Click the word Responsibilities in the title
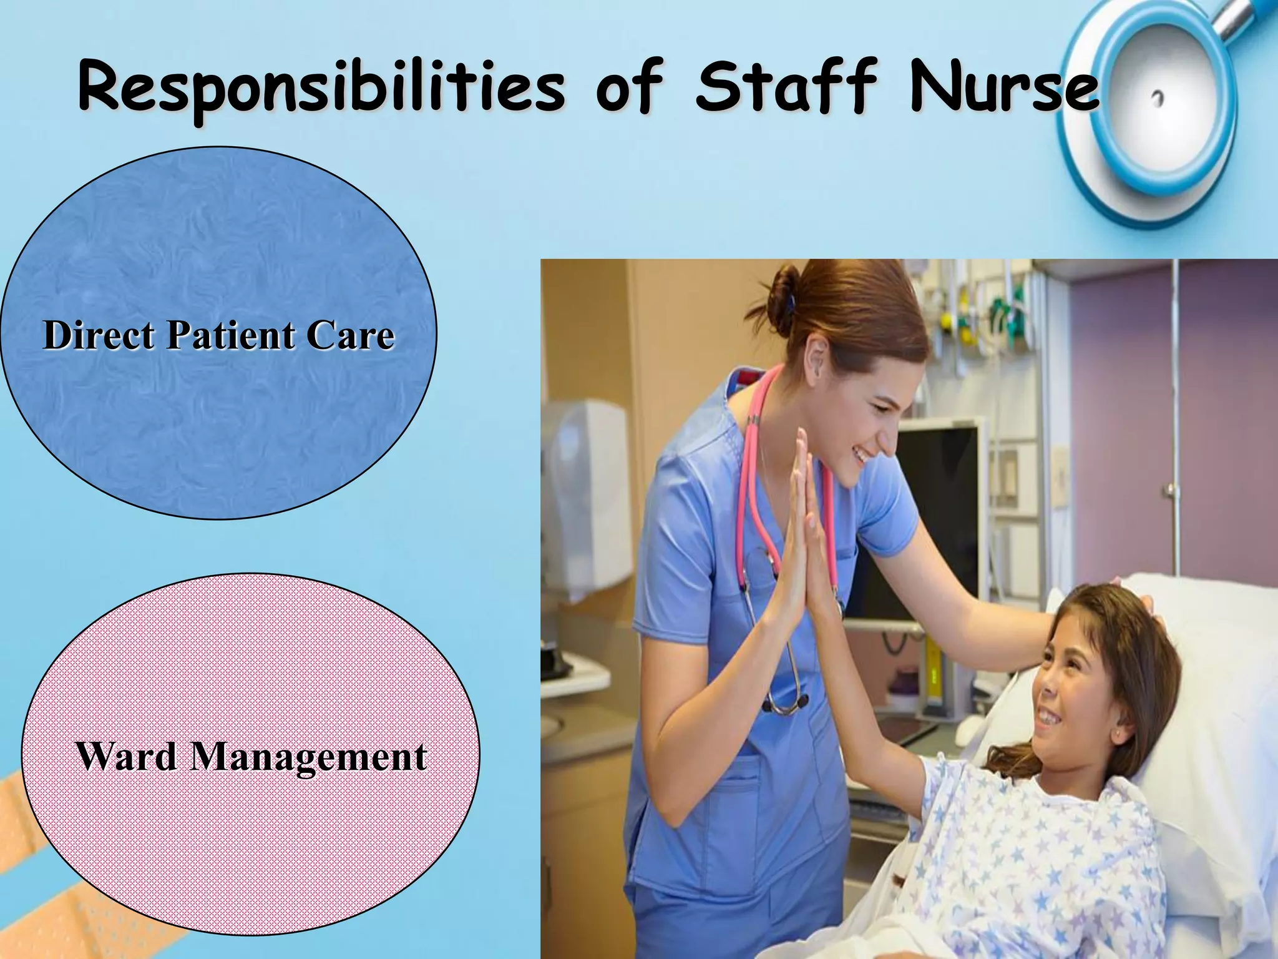click(321, 87)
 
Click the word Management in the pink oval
click(309, 757)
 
